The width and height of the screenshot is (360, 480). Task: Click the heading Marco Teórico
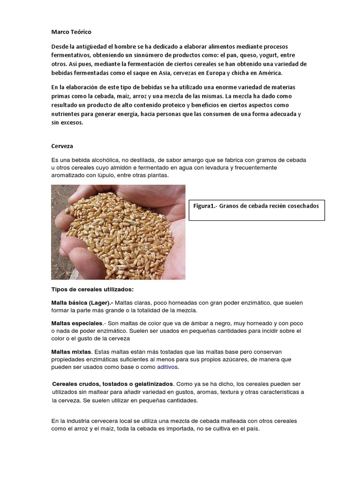coord(71,32)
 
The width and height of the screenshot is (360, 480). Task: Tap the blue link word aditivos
coord(167,367)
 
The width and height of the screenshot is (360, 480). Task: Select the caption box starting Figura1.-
coord(256,209)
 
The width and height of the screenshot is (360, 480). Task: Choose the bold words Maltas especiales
coord(76,323)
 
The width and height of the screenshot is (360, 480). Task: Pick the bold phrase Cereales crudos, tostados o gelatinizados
coord(113,383)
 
